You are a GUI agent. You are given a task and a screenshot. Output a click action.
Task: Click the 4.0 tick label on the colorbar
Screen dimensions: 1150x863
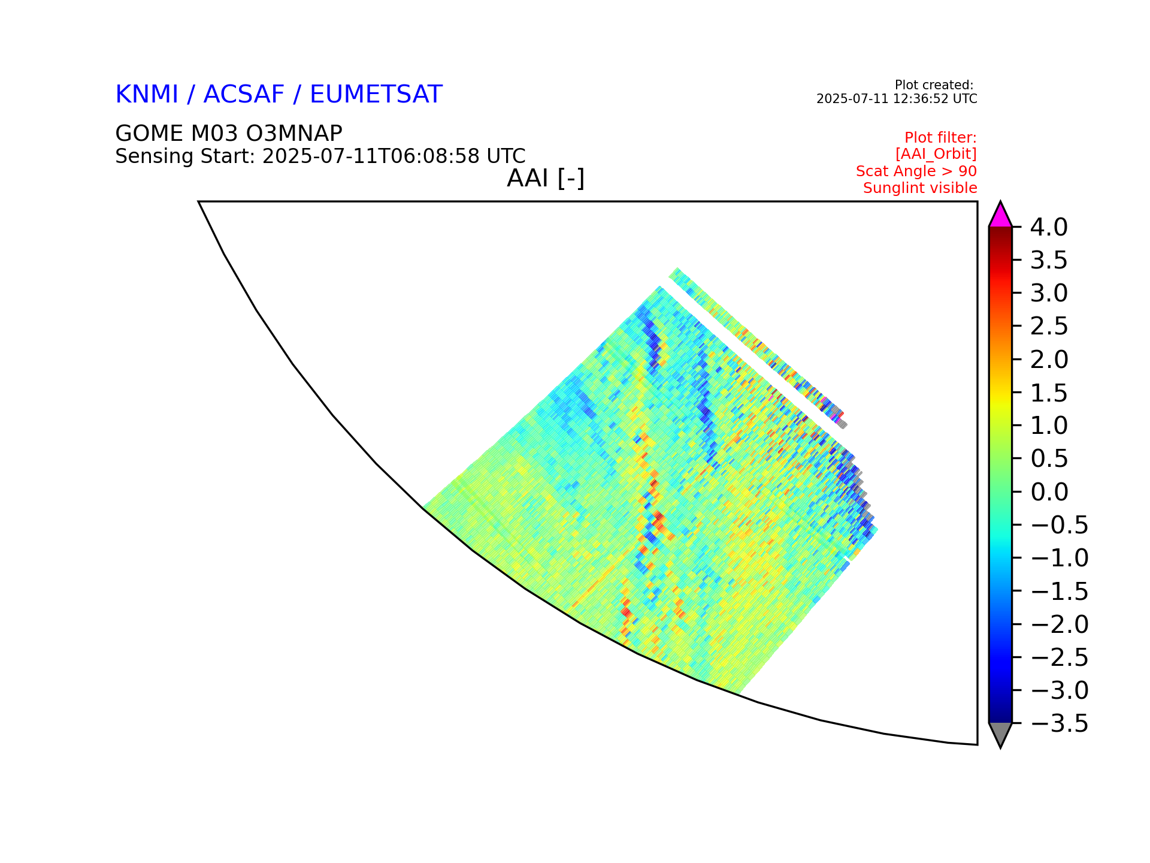[1049, 227]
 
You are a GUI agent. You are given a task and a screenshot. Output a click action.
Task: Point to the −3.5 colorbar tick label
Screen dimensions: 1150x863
[1060, 723]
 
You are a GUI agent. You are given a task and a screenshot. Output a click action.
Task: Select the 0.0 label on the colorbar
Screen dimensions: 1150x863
[1049, 492]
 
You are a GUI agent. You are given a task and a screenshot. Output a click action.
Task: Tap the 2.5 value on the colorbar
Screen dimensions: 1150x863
[1049, 327]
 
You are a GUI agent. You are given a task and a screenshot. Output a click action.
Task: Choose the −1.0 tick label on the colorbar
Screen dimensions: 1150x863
[1060, 558]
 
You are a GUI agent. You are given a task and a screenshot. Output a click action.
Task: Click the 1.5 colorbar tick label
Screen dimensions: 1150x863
[1049, 393]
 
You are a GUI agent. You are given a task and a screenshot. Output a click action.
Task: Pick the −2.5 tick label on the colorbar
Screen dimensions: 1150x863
[1060, 657]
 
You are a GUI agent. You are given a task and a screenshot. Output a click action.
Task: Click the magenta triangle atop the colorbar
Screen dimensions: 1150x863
[1000, 217]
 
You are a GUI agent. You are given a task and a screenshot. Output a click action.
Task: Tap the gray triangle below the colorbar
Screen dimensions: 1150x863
[1000, 734]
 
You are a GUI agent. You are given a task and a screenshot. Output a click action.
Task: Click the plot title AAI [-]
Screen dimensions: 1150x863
[546, 178]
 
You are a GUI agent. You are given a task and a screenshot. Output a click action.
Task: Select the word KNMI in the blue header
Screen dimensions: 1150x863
[147, 95]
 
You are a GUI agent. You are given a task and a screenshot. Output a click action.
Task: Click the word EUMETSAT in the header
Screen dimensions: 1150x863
[376, 95]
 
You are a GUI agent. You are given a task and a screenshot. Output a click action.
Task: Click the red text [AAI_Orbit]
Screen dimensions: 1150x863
[936, 155]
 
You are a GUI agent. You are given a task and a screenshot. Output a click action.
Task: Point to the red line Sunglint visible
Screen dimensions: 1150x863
[920, 188]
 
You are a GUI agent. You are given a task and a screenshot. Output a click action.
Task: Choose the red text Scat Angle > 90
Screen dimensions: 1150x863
[916, 171]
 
